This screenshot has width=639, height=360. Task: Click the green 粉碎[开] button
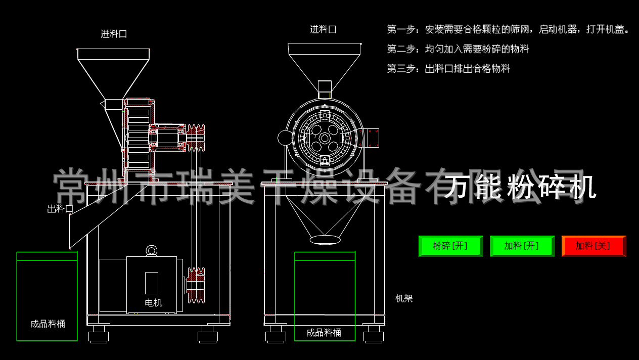(x=450, y=246)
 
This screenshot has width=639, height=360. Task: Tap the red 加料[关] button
(x=593, y=246)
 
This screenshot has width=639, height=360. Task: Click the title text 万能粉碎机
(x=521, y=187)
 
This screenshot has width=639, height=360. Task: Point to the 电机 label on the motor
(x=153, y=303)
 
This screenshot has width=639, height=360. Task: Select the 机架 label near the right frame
(x=404, y=298)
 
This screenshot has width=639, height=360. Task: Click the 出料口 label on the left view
(x=60, y=209)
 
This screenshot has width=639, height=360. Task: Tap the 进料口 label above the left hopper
(x=114, y=34)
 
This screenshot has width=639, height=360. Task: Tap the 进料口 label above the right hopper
(x=323, y=29)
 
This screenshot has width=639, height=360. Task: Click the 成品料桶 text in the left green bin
(x=48, y=324)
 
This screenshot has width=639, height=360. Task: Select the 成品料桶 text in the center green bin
(x=324, y=333)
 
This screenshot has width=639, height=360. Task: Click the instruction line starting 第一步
(x=508, y=29)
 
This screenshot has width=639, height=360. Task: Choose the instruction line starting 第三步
(x=448, y=68)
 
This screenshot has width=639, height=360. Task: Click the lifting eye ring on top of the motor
(x=151, y=250)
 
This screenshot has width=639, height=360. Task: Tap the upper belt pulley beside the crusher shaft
(x=196, y=137)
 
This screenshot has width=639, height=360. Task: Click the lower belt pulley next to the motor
(x=196, y=286)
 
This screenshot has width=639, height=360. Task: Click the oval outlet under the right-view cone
(x=325, y=239)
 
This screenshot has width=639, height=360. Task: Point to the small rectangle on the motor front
(x=152, y=283)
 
